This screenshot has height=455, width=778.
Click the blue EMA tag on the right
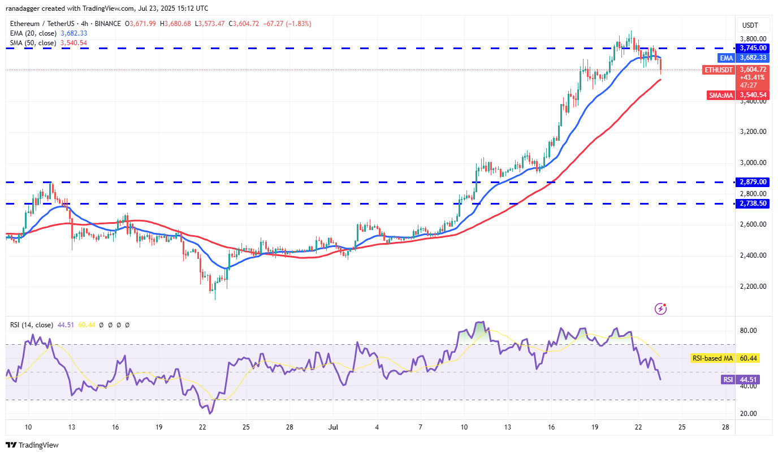(x=727, y=58)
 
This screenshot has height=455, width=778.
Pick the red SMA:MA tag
(x=721, y=96)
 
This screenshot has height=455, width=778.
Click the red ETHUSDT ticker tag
(x=719, y=70)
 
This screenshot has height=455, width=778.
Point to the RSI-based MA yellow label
(x=712, y=358)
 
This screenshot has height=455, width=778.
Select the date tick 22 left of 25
(x=202, y=427)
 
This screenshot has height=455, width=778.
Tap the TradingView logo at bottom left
(x=33, y=445)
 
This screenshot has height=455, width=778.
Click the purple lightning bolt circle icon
(x=660, y=309)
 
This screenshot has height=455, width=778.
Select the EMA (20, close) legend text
(x=33, y=33)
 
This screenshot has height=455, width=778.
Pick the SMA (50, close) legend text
(x=33, y=43)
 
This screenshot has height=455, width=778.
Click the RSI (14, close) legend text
(x=31, y=325)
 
